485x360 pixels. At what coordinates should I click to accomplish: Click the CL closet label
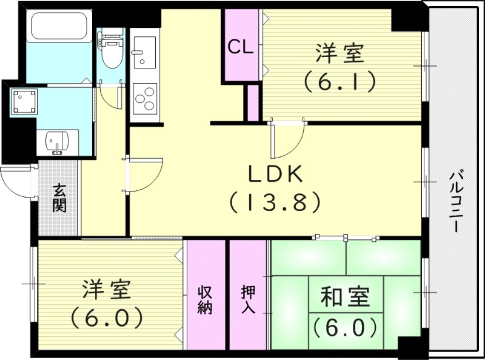click(241, 48)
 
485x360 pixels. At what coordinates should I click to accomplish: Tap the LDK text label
click(275, 175)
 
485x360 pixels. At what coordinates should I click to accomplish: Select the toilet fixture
click(110, 52)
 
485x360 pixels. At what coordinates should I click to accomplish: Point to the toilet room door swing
click(110, 98)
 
